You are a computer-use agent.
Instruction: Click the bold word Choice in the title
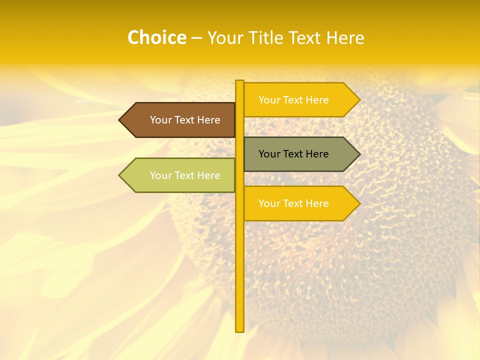click(156, 38)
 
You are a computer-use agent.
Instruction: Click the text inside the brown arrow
click(185, 120)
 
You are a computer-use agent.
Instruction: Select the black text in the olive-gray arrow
click(293, 154)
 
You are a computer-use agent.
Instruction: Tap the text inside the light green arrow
click(185, 175)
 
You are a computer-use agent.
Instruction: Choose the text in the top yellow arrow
click(293, 100)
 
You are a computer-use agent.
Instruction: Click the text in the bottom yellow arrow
click(293, 203)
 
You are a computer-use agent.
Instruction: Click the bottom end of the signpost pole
click(239, 330)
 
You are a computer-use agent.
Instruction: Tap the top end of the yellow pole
click(239, 82)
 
